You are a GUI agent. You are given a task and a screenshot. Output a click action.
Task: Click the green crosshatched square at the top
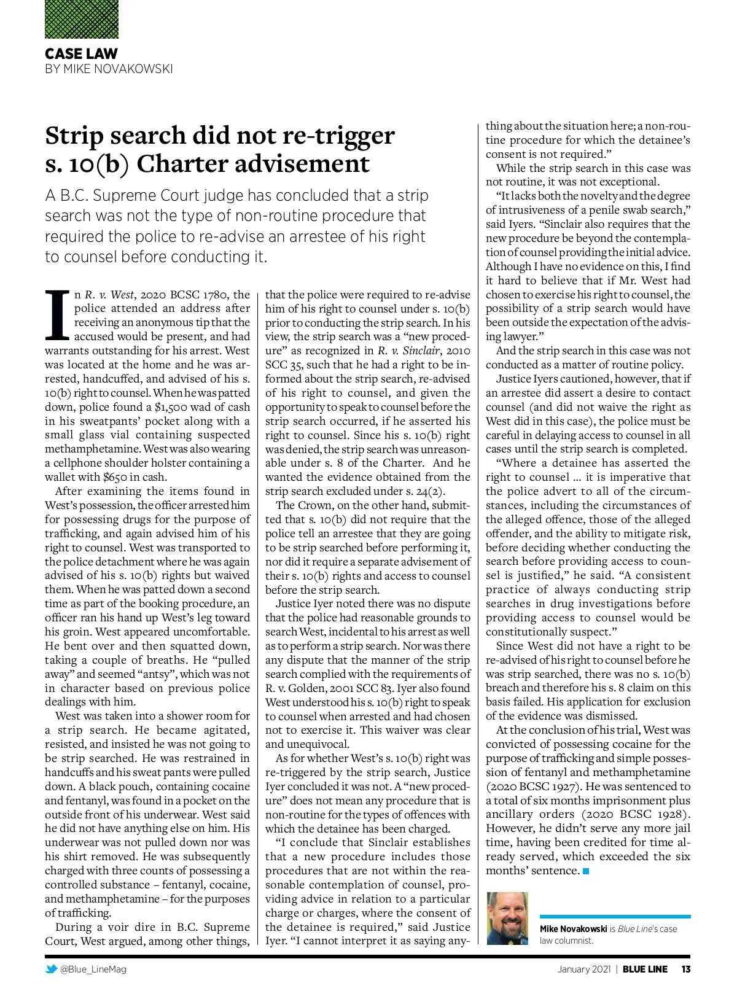coord(82,19)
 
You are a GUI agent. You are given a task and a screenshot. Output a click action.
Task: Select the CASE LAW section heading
coord(81,53)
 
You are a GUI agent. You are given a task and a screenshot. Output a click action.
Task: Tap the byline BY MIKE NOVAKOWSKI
coord(109,69)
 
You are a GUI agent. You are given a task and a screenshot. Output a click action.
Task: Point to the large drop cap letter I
coord(58,314)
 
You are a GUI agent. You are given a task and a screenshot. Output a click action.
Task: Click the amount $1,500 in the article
coord(173,407)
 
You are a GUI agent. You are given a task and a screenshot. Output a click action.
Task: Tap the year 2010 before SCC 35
coord(458,351)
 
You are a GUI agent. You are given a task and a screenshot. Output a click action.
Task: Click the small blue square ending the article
coord(586,871)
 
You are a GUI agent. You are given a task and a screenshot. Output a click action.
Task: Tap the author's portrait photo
coord(507,919)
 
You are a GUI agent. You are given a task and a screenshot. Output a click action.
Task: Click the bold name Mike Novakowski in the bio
coord(573,929)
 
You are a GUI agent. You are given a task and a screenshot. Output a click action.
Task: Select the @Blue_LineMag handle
coord(93,969)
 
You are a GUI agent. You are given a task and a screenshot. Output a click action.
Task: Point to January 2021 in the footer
coord(583,969)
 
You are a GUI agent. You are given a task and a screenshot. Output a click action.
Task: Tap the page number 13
coord(685,969)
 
